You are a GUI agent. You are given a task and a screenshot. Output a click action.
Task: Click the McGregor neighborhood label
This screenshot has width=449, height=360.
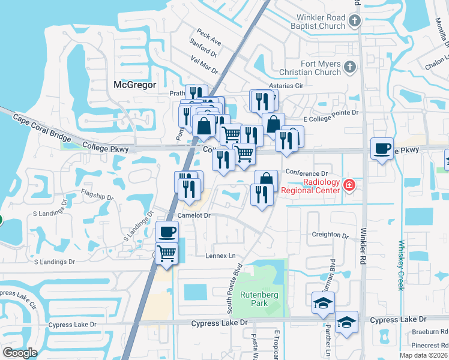(134, 85)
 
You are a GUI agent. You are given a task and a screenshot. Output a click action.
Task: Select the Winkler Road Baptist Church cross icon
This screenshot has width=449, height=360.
(354, 22)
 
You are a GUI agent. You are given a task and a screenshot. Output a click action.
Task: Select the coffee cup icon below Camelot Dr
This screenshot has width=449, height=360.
(167, 231)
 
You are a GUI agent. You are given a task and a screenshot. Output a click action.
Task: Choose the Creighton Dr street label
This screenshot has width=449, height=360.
(330, 235)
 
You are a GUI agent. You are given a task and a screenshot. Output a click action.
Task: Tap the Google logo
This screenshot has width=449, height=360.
(20, 353)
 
